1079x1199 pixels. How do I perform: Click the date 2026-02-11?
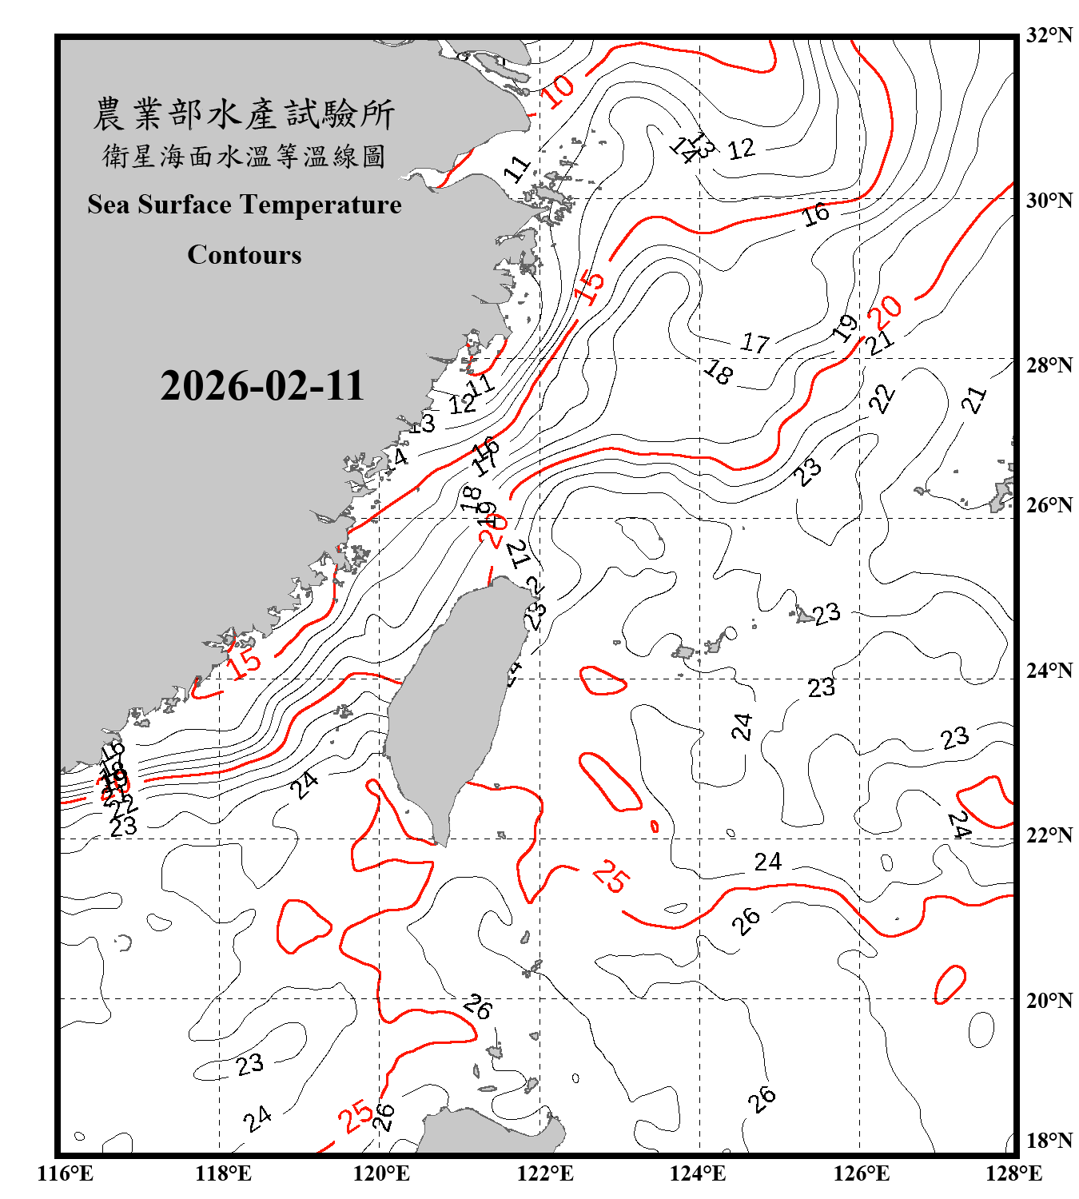coord(262,386)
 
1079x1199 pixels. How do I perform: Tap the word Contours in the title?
coord(245,255)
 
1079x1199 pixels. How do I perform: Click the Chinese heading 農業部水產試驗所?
coord(244,114)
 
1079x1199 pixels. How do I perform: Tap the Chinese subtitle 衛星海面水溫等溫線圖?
coord(244,156)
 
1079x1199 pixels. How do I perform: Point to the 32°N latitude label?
coord(1049,35)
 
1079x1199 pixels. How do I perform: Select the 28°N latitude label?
coord(1049,365)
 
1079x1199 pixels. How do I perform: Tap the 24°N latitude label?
coord(1049,670)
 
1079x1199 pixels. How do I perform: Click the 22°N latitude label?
coord(1049,835)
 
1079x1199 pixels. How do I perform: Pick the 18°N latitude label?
coord(1049,1141)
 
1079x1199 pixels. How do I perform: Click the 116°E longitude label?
coord(66,1173)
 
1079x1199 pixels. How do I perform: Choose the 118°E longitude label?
coord(223,1173)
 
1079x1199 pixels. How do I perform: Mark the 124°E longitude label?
coord(698,1173)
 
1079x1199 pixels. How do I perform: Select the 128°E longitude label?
coord(1013,1173)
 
